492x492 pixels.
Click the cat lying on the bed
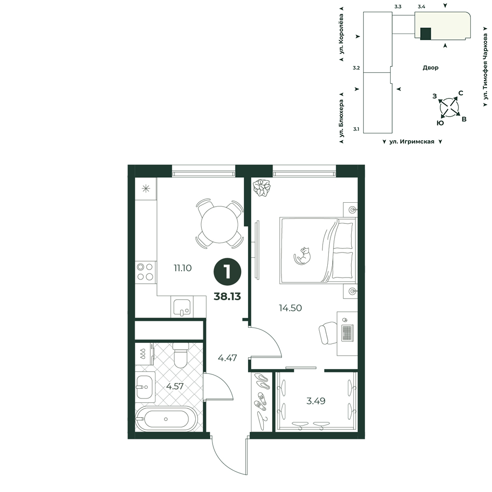pos(302,256)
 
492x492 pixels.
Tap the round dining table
pos(219,224)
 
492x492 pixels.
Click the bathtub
pos(166,419)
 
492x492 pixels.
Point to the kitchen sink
pos(182,307)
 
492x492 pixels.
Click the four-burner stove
pos(145,272)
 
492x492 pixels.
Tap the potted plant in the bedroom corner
pos(262,187)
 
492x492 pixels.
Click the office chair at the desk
pos(328,333)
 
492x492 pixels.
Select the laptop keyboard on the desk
pos(347,333)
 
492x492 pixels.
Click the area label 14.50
pos(290,308)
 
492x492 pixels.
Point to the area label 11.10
pos(183,268)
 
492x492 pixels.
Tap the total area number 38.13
pos(227,296)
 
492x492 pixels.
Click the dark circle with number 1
pos(227,272)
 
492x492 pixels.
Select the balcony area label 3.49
pos(316,400)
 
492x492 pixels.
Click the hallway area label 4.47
pos(227,358)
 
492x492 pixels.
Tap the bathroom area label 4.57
pos(175,386)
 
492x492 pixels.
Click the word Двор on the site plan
pos(430,67)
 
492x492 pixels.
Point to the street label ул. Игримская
pos(412,142)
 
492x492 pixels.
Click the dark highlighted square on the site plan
pos(426,33)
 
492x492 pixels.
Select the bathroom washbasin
pos(144,387)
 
